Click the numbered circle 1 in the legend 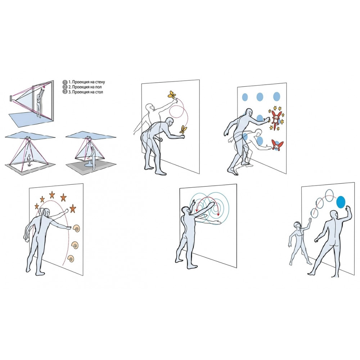tap(65, 82)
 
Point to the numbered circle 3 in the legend tap(65, 92)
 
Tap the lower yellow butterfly tap(183, 130)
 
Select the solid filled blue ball tap(341, 202)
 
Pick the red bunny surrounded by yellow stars tap(276, 118)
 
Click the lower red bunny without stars tap(277, 145)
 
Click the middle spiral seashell tap(75, 245)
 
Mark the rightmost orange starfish tap(73, 208)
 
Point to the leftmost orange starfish tap(37, 206)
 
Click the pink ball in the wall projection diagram tap(44, 87)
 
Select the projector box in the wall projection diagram tap(11, 98)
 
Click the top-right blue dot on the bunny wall tap(276, 96)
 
